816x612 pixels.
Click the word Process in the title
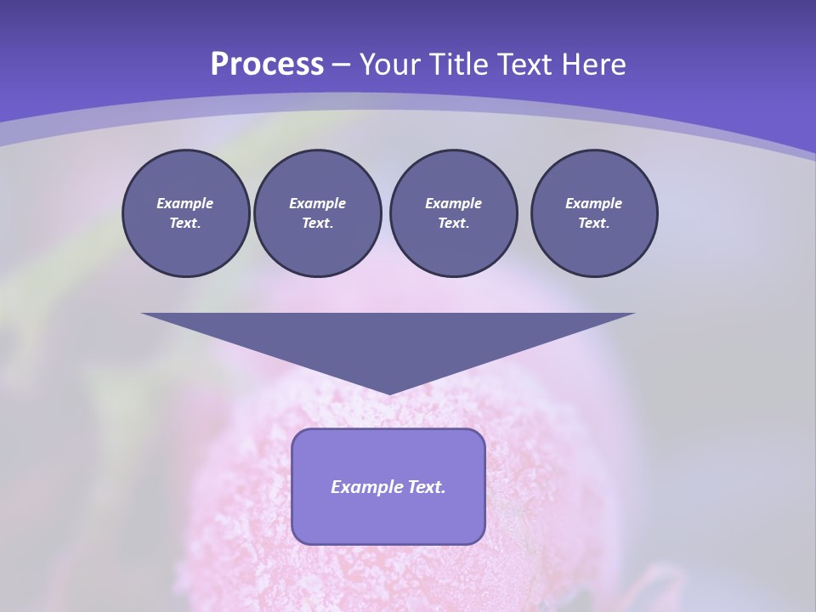pyautogui.click(x=267, y=65)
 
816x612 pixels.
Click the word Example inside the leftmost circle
pyautogui.click(x=185, y=203)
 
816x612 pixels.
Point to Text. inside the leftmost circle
pyautogui.click(x=185, y=223)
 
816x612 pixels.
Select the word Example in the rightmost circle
pyautogui.click(x=593, y=203)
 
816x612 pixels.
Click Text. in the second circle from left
pyautogui.click(x=317, y=223)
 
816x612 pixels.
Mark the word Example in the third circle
pyautogui.click(x=453, y=203)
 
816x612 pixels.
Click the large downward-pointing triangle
pyautogui.click(x=388, y=340)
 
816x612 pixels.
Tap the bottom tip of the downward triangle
pyautogui.click(x=388, y=392)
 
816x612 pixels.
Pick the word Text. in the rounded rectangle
pyautogui.click(x=426, y=487)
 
